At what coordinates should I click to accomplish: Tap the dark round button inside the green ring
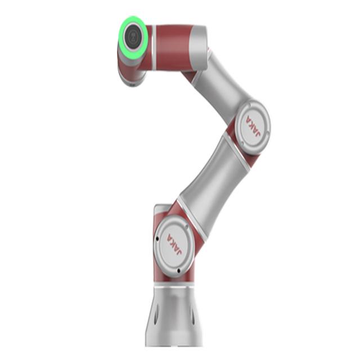pyautogui.click(x=133, y=36)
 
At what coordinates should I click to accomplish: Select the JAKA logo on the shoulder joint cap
pyautogui.click(x=175, y=245)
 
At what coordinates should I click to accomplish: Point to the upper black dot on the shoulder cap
pyautogui.click(x=157, y=238)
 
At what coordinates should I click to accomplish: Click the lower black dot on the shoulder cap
pyautogui.click(x=178, y=271)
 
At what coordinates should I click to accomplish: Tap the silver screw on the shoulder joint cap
pyautogui.click(x=186, y=227)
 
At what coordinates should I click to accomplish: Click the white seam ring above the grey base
pyautogui.click(x=174, y=287)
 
